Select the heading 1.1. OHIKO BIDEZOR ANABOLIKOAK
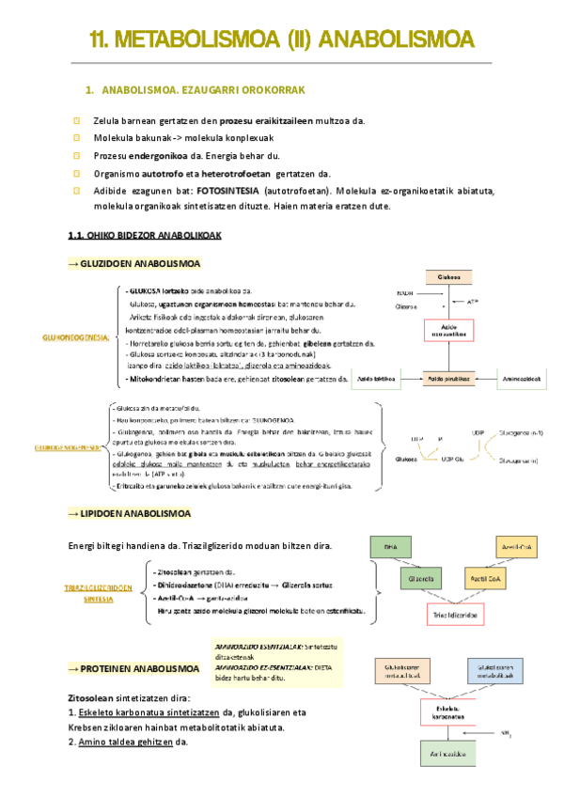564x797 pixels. (x=145, y=235)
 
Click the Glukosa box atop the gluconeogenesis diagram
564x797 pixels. (x=453, y=275)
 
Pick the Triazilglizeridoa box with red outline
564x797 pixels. (x=455, y=616)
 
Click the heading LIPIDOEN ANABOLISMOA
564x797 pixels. (x=135, y=514)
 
